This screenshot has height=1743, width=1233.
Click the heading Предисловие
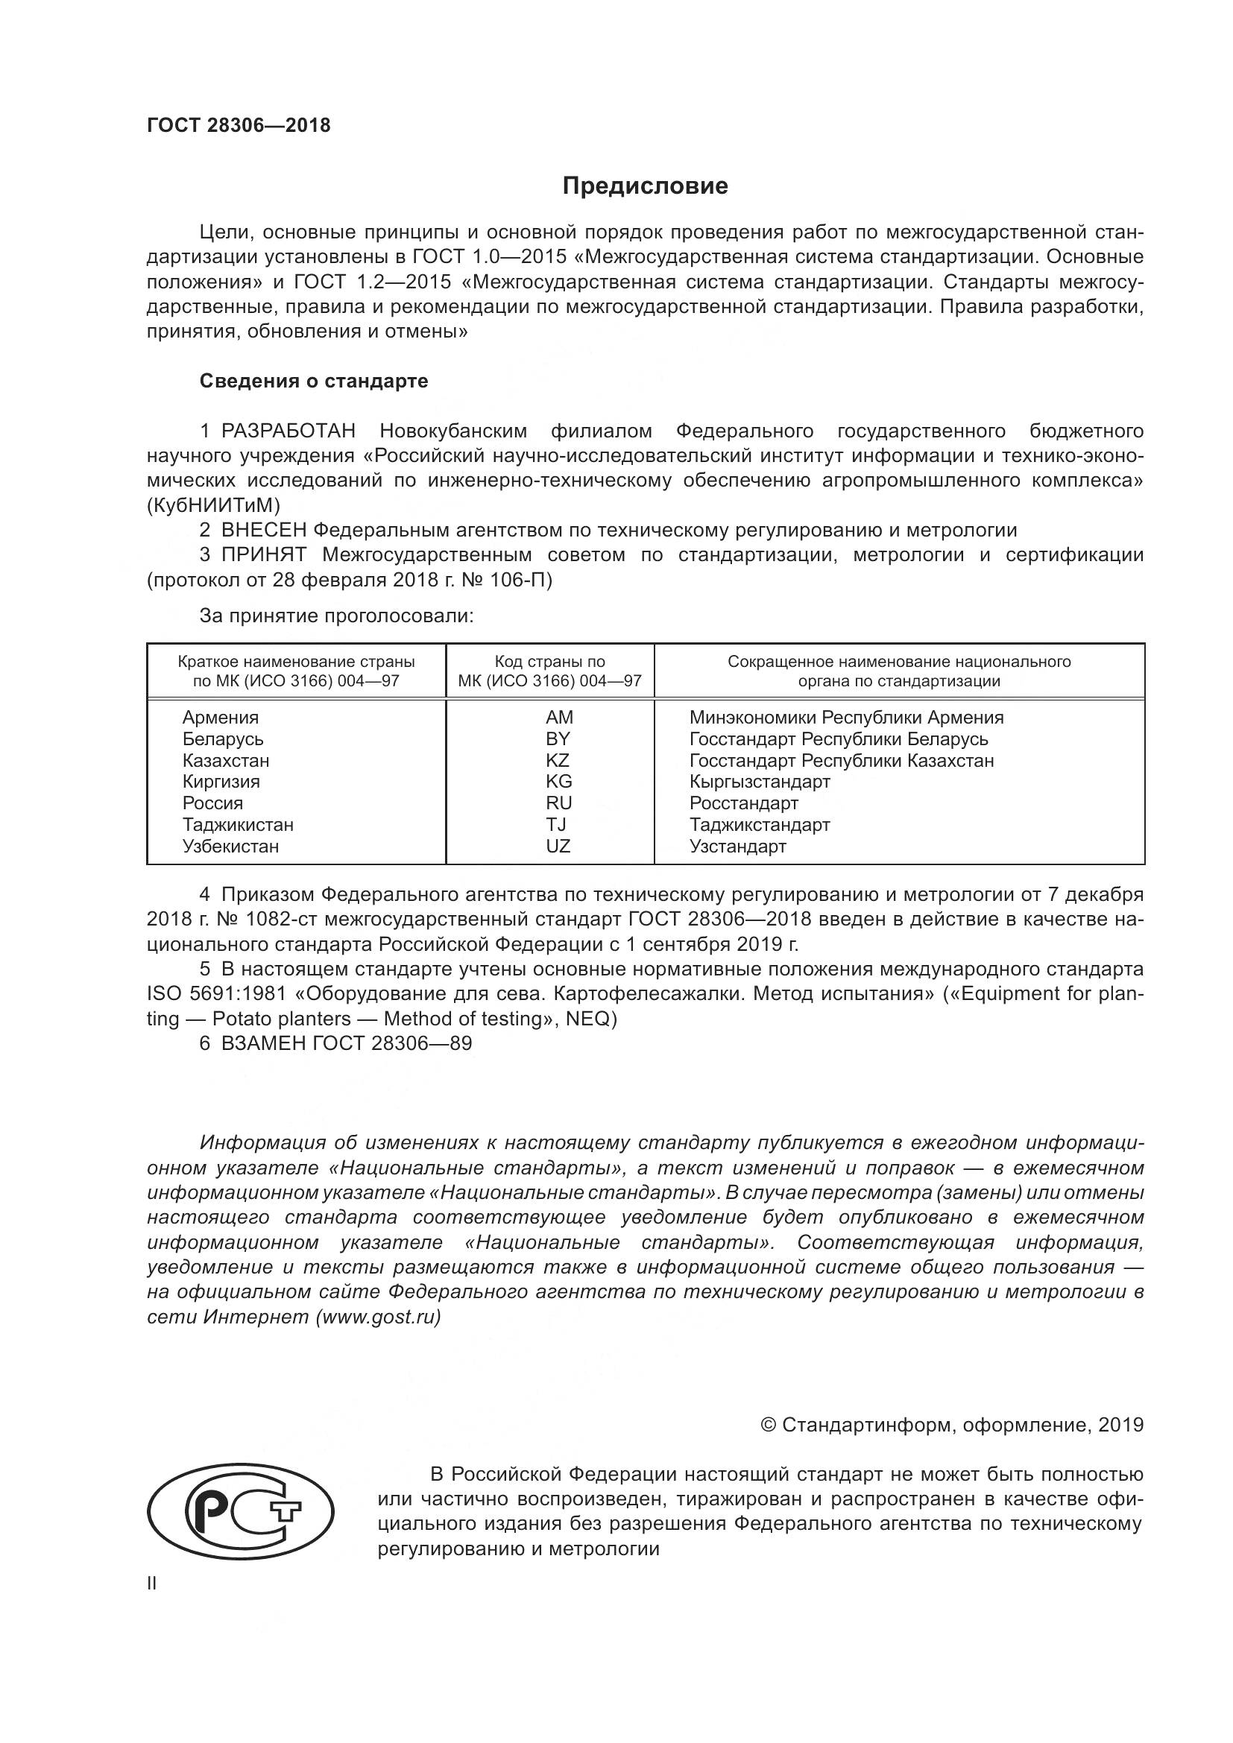tap(645, 186)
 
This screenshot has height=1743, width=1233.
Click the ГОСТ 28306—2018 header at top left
tap(239, 126)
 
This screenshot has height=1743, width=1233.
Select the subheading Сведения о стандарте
tap(314, 381)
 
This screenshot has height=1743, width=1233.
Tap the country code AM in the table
tap(559, 718)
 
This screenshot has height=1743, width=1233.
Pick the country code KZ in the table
tap(558, 760)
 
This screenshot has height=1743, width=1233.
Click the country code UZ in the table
tap(558, 846)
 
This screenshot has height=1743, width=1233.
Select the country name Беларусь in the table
tap(222, 738)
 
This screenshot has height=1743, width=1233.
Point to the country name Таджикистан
tap(238, 824)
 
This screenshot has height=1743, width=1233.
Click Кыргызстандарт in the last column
tap(759, 781)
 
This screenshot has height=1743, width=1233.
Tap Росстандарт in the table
tap(743, 803)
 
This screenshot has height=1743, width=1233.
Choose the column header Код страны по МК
tap(549, 671)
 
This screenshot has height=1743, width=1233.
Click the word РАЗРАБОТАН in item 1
tap(288, 431)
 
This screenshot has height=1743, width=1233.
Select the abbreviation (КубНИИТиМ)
tap(213, 504)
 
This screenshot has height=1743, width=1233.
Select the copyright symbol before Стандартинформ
tap(768, 1425)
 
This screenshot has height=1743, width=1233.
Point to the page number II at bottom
tap(152, 1584)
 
